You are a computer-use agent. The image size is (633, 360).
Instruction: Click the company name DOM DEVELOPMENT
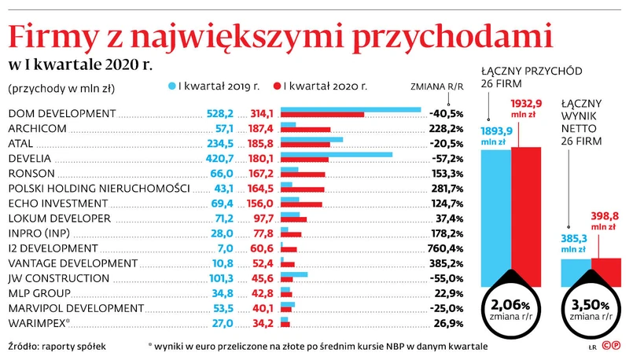point(61,112)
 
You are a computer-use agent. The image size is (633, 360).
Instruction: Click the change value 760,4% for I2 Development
point(446,248)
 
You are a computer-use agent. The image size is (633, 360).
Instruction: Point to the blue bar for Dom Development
point(351,108)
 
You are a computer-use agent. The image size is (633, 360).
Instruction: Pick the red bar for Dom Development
point(322,115)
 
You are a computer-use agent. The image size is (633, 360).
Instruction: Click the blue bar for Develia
point(336,154)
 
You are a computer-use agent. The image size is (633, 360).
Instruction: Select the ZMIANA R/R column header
point(436,86)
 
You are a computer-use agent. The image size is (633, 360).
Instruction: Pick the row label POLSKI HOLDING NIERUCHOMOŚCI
point(98,188)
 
